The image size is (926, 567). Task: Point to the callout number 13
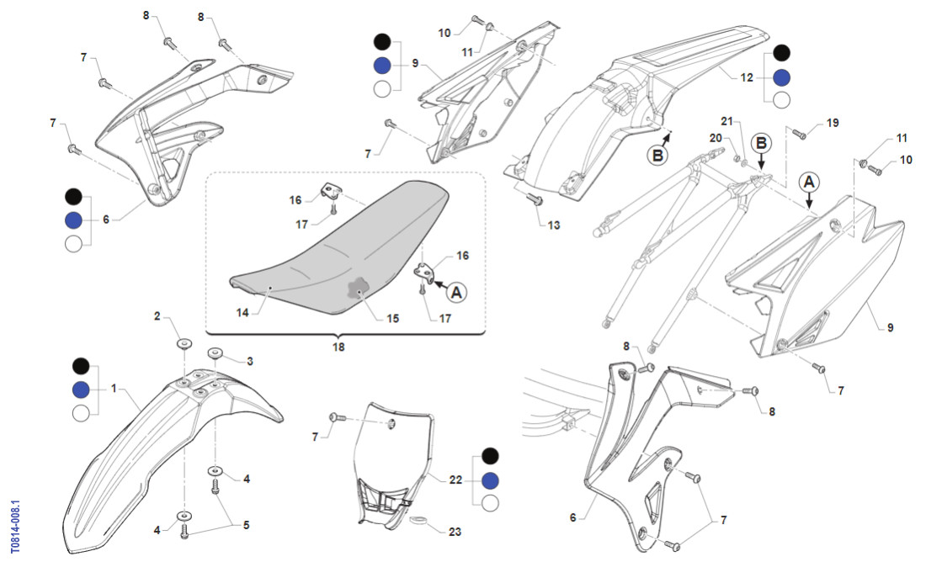(x=553, y=225)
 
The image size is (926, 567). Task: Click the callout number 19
(x=832, y=123)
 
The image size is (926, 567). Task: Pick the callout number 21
(x=726, y=120)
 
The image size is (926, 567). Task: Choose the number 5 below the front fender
(x=246, y=526)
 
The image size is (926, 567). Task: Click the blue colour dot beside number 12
(x=781, y=77)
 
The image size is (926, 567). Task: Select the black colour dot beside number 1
(x=81, y=366)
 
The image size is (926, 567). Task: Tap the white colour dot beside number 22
(x=489, y=503)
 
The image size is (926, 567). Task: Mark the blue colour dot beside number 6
(x=74, y=220)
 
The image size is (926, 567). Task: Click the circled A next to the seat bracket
(x=456, y=292)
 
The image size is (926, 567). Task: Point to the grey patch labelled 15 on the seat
(x=359, y=291)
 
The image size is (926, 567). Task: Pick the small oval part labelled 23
(x=418, y=522)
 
